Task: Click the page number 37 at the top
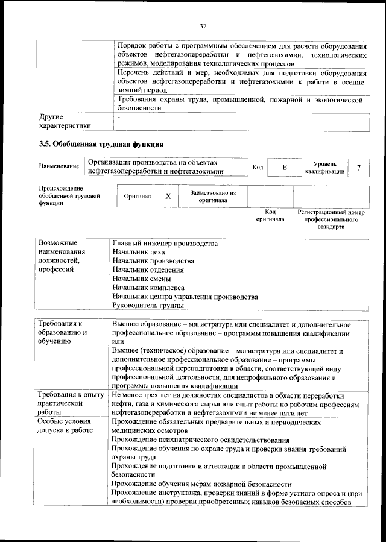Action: pos(203,25)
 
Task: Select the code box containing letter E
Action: pos(283,167)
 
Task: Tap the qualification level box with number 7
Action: pos(359,167)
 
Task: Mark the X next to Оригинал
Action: pos(168,196)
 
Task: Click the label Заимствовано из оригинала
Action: pos(212,196)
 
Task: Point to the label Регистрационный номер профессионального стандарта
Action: pos(331,220)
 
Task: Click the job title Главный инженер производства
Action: pos(165,243)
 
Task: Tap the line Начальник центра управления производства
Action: pos(185,297)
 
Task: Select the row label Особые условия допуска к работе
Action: pos(65,426)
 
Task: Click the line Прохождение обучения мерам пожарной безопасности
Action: pos(202,484)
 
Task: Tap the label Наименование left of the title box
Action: pos(59,166)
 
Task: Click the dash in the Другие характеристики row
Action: pos(119,117)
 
